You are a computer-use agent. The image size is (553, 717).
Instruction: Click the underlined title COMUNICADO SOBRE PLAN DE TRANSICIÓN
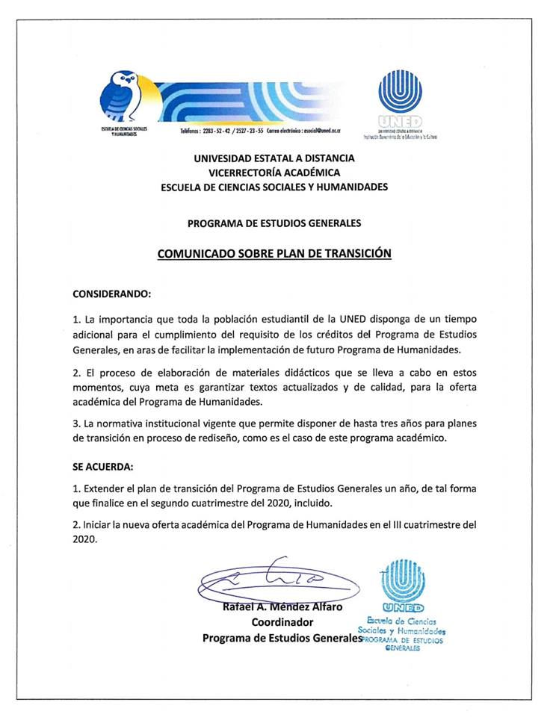pos(274,253)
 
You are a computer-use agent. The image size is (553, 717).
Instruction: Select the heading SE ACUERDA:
pos(102,467)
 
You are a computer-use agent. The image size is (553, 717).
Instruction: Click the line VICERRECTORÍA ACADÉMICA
pos(274,173)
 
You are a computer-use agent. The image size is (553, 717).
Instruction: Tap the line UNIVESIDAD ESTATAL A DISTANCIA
pos(274,158)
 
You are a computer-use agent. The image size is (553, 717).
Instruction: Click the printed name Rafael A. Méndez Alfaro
pos(282,606)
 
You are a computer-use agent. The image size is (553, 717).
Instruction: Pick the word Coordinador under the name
pos(282,622)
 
